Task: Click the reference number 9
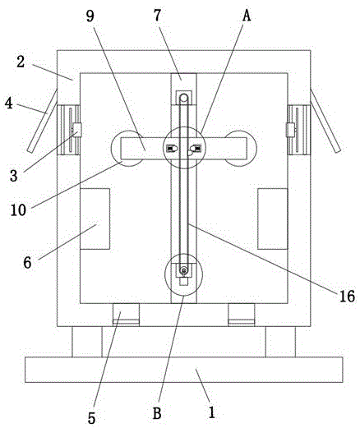(x=90, y=16)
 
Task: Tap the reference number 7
(x=157, y=16)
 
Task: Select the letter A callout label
(x=247, y=16)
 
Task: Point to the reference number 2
(x=21, y=62)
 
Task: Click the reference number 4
(x=9, y=104)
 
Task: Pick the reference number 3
(x=14, y=176)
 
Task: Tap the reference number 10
(x=18, y=210)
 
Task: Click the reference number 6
(x=27, y=263)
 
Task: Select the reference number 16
(x=347, y=296)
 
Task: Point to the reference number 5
(x=91, y=418)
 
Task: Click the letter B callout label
(x=157, y=413)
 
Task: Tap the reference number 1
(x=212, y=412)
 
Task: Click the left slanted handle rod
(x=42, y=121)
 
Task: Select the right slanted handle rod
(x=325, y=121)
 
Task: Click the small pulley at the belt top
(x=184, y=98)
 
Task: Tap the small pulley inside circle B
(x=183, y=271)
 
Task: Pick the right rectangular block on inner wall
(x=273, y=219)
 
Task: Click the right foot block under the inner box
(x=242, y=315)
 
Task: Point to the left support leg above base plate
(x=87, y=342)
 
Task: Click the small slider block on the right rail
(x=290, y=130)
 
